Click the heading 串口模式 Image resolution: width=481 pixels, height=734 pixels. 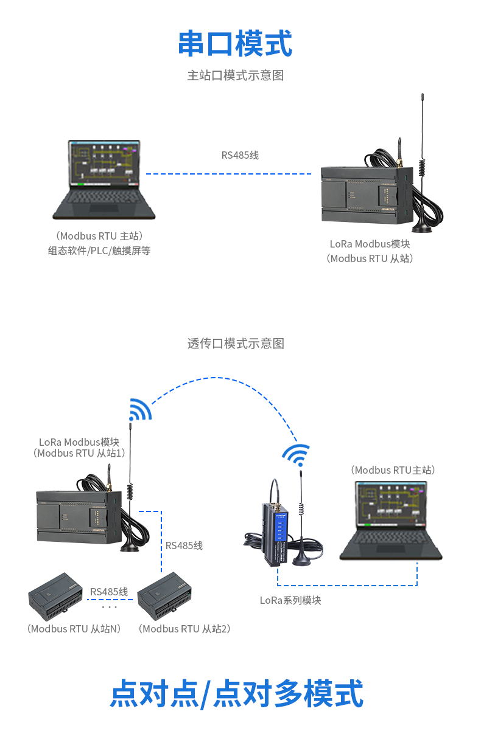(235, 44)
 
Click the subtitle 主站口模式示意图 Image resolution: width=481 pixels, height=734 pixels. (235, 75)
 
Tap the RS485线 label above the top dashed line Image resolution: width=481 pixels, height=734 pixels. (240, 155)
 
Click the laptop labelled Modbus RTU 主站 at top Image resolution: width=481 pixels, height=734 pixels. (104, 179)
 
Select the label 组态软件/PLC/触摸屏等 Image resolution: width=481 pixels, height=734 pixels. (99, 250)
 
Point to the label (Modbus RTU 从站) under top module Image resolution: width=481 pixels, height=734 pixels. (370, 258)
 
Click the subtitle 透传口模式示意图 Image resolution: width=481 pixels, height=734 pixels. (235, 344)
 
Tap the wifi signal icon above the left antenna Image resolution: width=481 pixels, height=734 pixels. (139, 410)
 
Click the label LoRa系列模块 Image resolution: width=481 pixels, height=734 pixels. (290, 600)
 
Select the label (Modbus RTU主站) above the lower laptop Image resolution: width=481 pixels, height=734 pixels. (393, 470)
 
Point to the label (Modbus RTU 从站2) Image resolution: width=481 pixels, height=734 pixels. (184, 629)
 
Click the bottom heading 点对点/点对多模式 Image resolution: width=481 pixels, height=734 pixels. (236, 694)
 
